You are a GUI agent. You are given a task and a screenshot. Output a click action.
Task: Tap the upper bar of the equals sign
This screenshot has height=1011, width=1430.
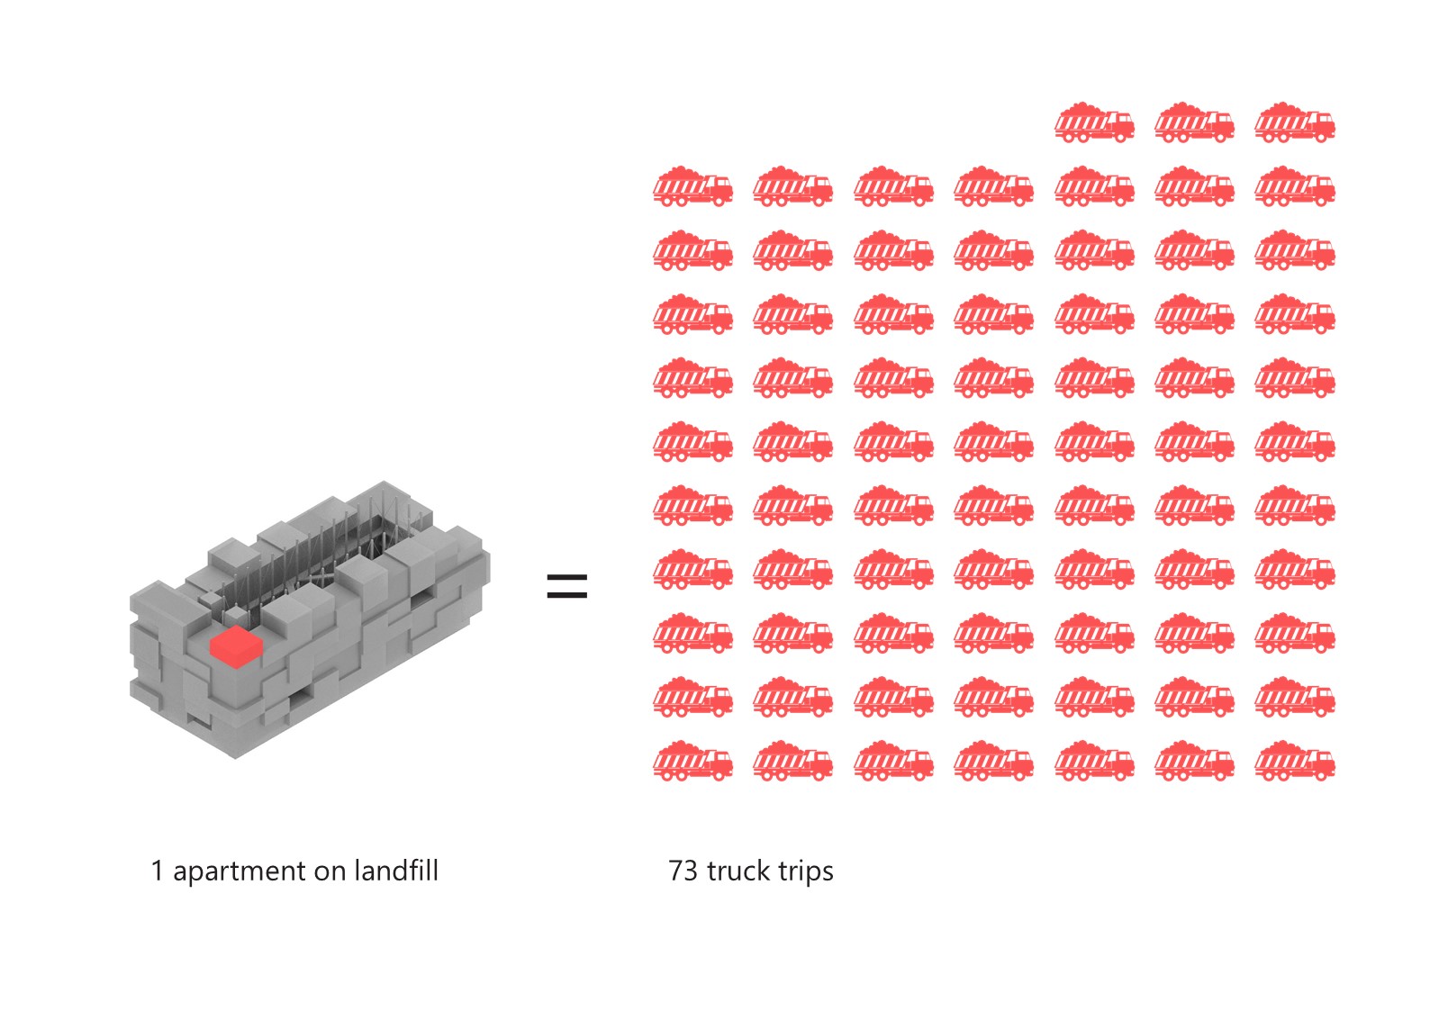567,577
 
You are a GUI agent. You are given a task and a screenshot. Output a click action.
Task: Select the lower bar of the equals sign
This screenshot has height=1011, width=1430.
567,595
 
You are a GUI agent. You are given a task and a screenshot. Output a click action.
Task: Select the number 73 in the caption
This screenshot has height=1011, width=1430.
683,871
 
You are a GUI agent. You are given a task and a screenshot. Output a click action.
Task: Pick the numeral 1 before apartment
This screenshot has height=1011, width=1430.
158,871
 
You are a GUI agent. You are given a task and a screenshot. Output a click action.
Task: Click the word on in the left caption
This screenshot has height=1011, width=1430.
330,871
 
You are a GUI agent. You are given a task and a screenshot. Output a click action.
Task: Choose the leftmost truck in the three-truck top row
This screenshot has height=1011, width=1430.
1094,122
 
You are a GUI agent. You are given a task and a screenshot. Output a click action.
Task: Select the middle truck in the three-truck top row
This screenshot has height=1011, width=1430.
1194,122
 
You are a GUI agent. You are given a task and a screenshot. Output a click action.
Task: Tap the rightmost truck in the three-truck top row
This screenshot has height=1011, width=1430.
1295,122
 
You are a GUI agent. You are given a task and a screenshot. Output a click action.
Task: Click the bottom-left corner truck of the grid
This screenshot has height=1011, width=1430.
692,762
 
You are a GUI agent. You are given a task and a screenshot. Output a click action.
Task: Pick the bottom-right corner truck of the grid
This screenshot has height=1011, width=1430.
1295,762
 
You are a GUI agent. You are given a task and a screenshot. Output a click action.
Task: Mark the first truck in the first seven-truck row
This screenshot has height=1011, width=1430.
692,186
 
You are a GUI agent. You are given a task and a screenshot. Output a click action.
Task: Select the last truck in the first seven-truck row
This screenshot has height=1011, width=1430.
1295,186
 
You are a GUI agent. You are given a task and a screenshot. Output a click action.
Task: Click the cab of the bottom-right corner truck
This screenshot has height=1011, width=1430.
1321,762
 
